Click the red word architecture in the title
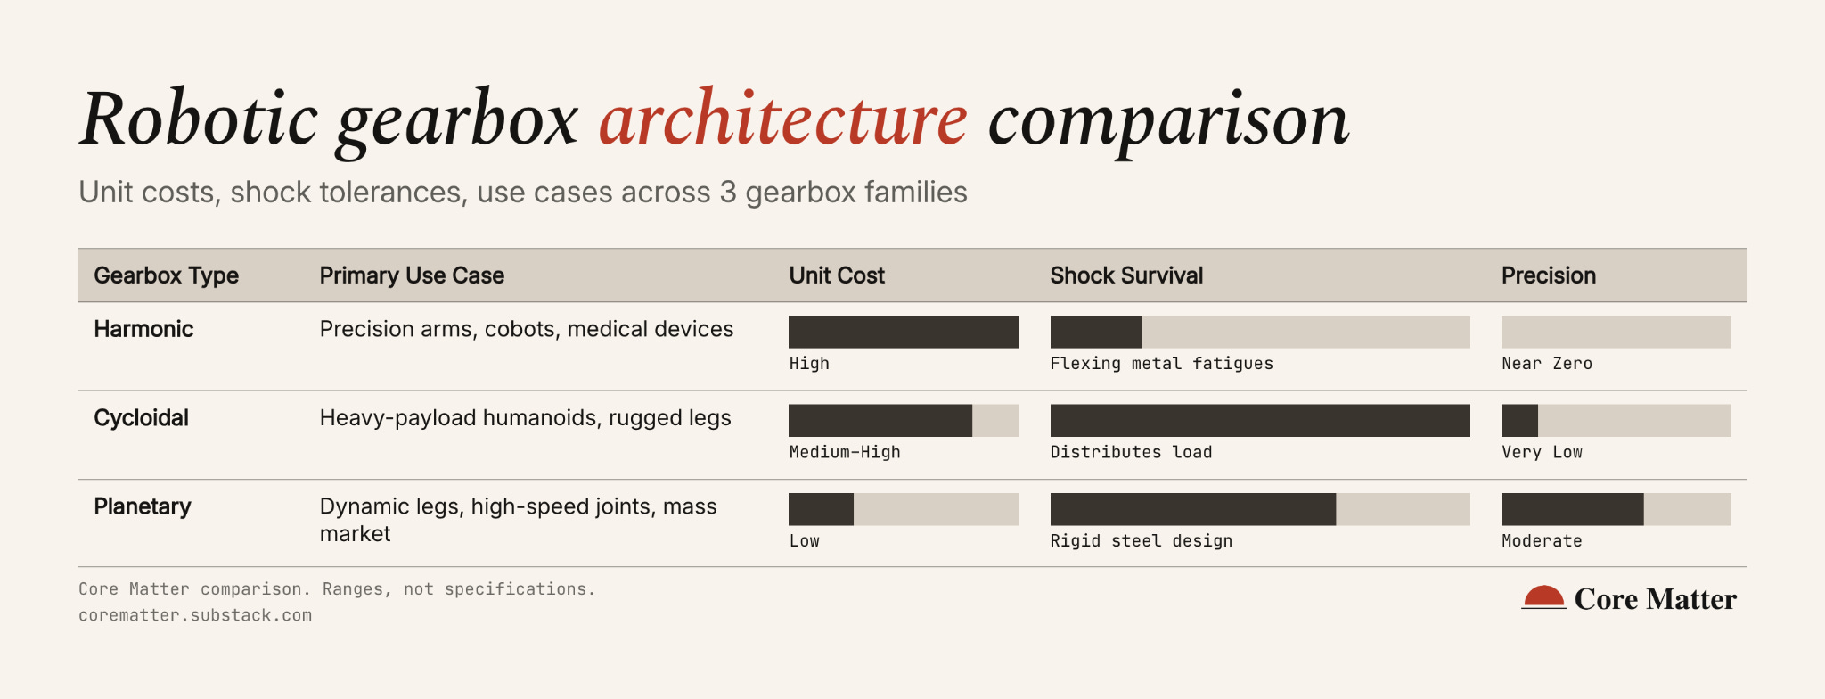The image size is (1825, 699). (x=782, y=119)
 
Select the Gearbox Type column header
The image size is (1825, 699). (x=166, y=275)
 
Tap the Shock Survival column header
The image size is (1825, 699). (x=1126, y=275)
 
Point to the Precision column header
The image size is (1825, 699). (x=1548, y=275)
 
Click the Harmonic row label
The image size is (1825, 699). (x=143, y=329)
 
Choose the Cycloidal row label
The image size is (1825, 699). (x=141, y=418)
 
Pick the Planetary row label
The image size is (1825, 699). (x=143, y=507)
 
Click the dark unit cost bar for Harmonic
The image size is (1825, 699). (x=904, y=332)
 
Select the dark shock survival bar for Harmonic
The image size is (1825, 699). (x=1096, y=332)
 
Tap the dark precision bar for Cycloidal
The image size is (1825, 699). (x=1519, y=420)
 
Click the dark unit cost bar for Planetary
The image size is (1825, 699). (x=821, y=509)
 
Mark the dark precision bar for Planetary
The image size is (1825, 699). (x=1573, y=509)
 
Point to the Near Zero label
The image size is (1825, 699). (x=1546, y=364)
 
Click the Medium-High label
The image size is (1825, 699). (x=845, y=452)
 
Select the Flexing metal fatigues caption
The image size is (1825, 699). (x=1161, y=364)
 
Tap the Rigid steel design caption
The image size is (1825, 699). (x=1142, y=541)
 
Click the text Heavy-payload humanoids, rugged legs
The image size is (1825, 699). (x=525, y=418)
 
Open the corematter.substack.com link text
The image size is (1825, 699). (x=195, y=615)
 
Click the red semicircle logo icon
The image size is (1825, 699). (x=1543, y=596)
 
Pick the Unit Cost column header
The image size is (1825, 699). (x=837, y=275)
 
